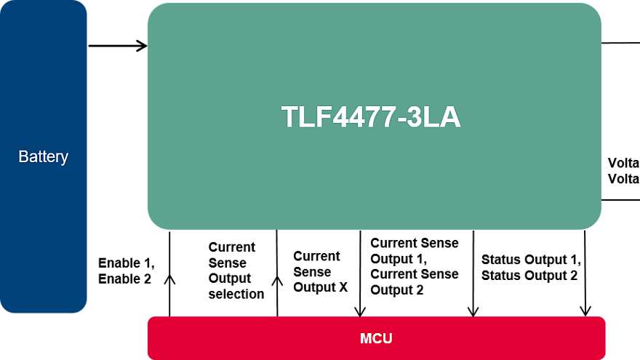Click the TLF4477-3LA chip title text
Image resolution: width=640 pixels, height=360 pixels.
371,118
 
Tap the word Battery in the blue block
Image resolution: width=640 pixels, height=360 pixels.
44,156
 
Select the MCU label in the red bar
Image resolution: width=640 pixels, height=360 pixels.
376,339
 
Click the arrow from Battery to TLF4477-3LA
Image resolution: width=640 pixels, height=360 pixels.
118,46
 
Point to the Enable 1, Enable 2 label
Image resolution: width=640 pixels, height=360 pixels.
127,270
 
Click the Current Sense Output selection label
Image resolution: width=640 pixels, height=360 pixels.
236,271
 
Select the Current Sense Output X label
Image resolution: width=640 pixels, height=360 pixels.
320,271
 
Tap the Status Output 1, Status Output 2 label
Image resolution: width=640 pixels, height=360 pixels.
531,267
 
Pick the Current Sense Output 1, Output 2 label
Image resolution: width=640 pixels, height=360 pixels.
415,266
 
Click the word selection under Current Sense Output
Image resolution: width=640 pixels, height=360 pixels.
236,294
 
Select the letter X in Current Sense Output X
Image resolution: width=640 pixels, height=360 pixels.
343,287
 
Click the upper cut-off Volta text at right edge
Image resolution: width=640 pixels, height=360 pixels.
623,163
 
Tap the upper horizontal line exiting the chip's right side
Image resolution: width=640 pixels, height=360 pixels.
620,43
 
